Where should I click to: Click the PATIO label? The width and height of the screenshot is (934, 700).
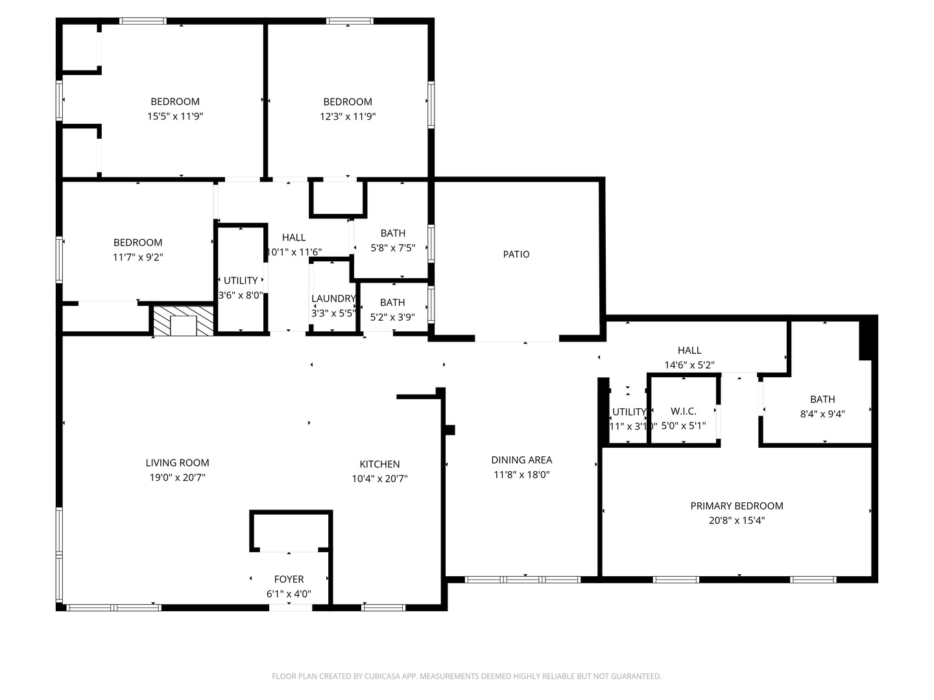click(x=516, y=254)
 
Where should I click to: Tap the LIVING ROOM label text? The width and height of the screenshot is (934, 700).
click(x=177, y=463)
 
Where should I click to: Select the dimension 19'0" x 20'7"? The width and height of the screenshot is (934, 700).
click(x=177, y=478)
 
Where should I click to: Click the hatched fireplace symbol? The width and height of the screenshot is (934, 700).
click(x=183, y=321)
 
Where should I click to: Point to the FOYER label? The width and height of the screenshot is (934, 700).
click(x=289, y=579)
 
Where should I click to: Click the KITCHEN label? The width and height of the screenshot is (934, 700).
click(x=379, y=464)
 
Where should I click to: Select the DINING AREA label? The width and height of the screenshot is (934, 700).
click(x=521, y=460)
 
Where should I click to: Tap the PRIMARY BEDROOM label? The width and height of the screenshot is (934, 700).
click(x=736, y=506)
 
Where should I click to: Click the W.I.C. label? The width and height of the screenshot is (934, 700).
click(x=683, y=412)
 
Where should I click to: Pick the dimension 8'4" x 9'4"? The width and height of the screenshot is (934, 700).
click(x=822, y=414)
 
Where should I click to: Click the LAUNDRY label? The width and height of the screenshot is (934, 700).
click(x=333, y=299)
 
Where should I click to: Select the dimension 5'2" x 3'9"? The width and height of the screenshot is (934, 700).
click(x=392, y=318)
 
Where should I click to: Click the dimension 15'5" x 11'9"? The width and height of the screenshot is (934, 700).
click(x=175, y=117)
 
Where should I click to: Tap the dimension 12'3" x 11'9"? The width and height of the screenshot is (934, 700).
click(x=348, y=117)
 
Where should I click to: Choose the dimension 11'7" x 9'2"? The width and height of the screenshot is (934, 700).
click(x=138, y=257)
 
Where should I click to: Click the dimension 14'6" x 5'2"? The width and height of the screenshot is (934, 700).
click(x=689, y=365)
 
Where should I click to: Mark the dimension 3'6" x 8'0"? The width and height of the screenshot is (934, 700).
click(x=241, y=296)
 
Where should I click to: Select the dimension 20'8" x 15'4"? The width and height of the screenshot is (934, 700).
click(x=736, y=520)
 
